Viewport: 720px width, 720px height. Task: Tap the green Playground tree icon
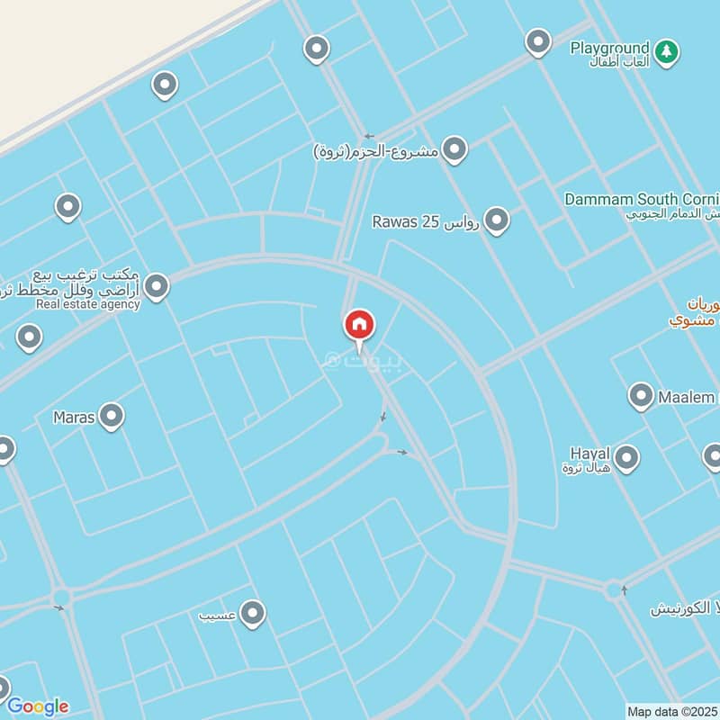pos(666,51)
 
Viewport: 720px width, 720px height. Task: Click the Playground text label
pos(609,48)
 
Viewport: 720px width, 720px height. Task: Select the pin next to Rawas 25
pos(496,220)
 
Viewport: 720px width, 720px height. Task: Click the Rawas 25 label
pos(426,221)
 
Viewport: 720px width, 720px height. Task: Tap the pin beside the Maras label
pos(112,416)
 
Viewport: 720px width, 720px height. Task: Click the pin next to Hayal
pos(626,457)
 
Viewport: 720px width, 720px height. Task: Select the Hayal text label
pos(590,453)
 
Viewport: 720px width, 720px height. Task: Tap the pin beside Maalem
pos(641,396)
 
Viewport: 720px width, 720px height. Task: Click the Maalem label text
pos(687,397)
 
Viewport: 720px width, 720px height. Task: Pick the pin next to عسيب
pos(253,614)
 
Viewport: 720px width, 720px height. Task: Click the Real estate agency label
pos(88,304)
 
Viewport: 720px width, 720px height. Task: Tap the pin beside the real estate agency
pos(157,287)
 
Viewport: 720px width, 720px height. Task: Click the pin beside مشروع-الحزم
pos(454,149)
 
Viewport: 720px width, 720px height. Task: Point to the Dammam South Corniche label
pos(642,199)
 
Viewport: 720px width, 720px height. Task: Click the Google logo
pos(38,706)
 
